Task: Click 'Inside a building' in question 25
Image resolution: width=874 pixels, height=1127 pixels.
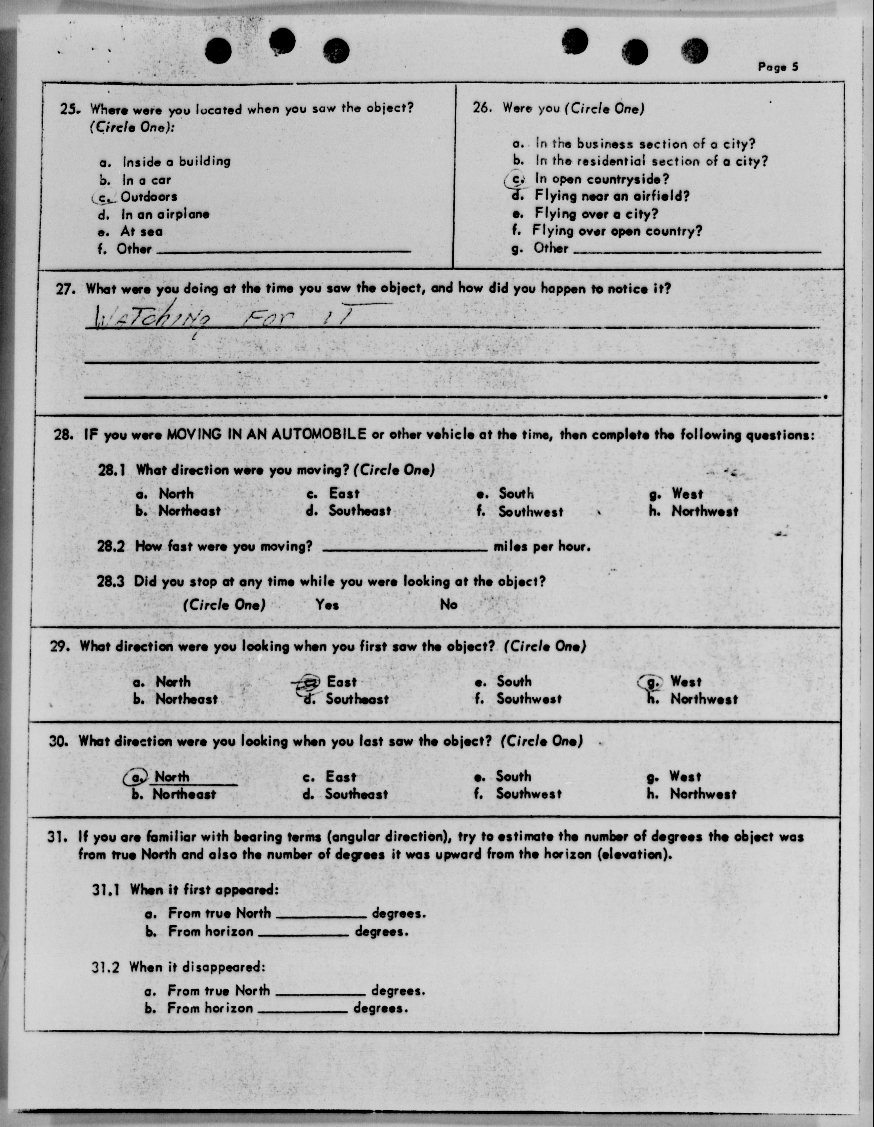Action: (x=176, y=162)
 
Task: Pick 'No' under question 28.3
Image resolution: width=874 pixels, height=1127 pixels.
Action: (x=449, y=604)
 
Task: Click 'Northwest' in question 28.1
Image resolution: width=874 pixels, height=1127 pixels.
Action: (x=704, y=511)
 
